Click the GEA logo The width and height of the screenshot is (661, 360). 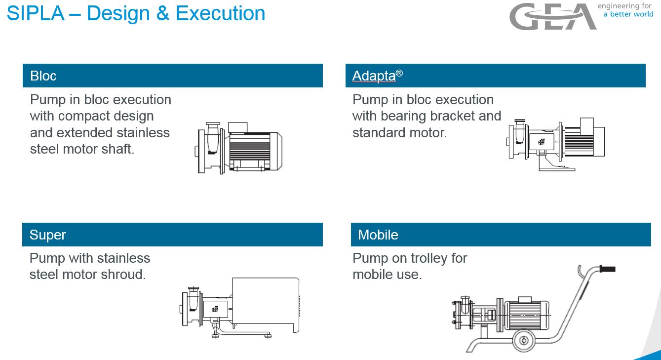tap(553, 16)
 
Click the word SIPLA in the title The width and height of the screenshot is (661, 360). tap(36, 13)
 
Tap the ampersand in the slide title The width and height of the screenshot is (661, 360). tap(162, 13)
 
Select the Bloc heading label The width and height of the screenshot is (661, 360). tap(43, 76)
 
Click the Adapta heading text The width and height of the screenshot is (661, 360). tap(374, 76)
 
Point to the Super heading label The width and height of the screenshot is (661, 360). tap(47, 235)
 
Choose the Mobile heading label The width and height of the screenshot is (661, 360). tap(378, 235)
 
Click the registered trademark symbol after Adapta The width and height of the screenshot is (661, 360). tap(399, 73)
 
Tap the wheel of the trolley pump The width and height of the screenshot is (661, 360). tap(524, 341)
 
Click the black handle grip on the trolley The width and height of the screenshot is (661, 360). tap(608, 269)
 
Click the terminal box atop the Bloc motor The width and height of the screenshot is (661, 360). tap(238, 127)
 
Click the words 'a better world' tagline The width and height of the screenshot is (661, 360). tap(628, 14)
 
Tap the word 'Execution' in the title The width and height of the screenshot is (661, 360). tap(221, 13)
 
